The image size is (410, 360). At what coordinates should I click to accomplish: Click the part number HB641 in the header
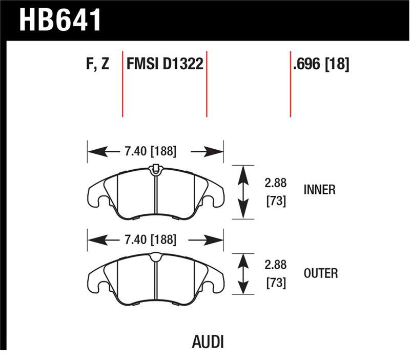(x=60, y=21)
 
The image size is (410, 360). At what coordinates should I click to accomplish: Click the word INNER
(x=319, y=190)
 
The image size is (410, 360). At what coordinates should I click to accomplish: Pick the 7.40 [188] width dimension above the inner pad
(x=150, y=151)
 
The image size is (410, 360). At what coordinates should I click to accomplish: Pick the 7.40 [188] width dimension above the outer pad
(x=150, y=239)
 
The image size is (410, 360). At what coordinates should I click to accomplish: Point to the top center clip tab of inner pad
(x=155, y=168)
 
